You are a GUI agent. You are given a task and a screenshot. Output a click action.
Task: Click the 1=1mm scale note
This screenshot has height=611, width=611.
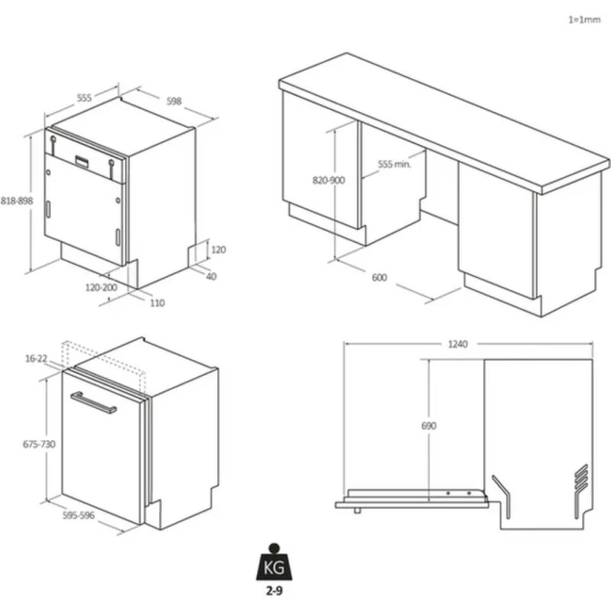coord(584,20)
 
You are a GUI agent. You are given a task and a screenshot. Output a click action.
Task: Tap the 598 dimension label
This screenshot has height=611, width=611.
coord(174,102)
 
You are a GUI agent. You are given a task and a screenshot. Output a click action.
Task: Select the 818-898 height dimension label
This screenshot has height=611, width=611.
coord(17,201)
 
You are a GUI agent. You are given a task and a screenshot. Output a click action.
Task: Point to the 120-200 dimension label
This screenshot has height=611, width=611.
coord(102,288)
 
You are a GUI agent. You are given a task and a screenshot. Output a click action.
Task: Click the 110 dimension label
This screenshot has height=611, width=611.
coord(157,302)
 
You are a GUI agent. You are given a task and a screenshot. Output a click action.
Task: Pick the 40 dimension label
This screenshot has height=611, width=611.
coord(211,276)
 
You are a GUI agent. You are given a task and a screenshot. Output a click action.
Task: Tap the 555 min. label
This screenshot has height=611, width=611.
coord(394,164)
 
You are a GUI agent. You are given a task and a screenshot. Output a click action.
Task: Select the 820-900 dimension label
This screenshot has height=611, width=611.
coord(328,180)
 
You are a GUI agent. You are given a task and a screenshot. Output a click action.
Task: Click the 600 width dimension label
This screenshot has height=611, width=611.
coord(379,277)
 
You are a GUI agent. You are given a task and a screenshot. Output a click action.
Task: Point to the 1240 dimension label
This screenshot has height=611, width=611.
coord(457,344)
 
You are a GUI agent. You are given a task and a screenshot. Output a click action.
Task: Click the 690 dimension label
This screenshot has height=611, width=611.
coord(428,426)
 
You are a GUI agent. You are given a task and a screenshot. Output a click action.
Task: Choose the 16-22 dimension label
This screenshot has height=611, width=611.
coord(36,358)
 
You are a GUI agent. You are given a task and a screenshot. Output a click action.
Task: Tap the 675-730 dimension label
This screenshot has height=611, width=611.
coord(39,445)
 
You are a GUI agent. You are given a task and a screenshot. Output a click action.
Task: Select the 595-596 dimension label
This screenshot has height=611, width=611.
coord(79,516)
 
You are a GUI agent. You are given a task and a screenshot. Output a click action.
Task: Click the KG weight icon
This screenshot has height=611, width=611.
coord(274,562)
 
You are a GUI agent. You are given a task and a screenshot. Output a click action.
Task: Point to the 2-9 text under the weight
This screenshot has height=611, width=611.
coord(274,591)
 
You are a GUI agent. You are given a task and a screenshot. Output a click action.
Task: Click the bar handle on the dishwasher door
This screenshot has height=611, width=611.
coord(93,402)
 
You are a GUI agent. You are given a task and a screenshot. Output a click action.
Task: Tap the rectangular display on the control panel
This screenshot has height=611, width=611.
coord(82,162)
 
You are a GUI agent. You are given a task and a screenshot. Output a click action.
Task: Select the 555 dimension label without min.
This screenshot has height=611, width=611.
coord(84,98)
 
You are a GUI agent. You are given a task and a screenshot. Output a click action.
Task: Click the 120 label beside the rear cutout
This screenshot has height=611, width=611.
coord(218,250)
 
